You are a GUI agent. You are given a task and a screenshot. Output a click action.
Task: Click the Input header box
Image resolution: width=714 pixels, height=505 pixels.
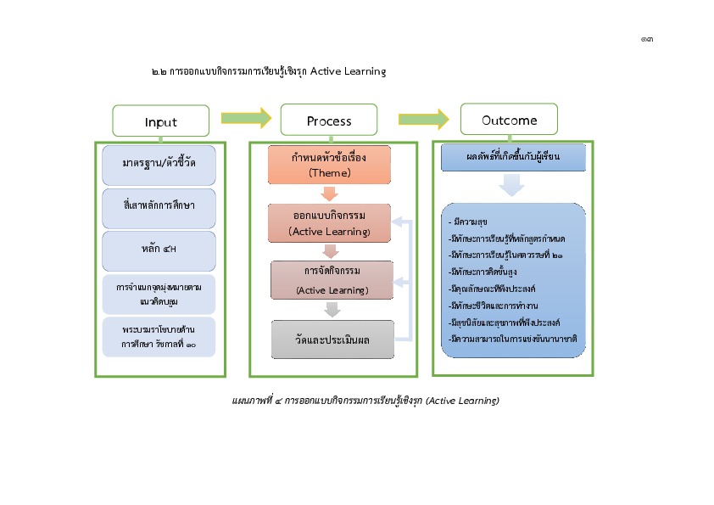click(x=160, y=121)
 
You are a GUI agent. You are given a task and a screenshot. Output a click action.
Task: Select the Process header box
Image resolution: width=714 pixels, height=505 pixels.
click(x=328, y=121)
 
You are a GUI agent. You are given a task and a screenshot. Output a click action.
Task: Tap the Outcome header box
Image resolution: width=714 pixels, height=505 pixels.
click(x=509, y=120)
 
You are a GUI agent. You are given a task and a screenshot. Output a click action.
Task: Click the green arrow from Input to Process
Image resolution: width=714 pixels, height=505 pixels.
click(x=245, y=118)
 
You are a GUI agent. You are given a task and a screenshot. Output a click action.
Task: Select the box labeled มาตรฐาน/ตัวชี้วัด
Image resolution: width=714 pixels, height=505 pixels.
click(x=159, y=166)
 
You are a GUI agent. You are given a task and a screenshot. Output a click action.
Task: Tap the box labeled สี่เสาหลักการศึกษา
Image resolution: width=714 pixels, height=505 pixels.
click(x=159, y=208)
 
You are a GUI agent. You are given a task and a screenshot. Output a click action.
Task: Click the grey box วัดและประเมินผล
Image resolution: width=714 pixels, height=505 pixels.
click(x=333, y=339)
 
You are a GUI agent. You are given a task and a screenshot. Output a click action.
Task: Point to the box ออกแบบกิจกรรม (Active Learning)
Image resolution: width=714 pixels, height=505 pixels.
click(x=328, y=223)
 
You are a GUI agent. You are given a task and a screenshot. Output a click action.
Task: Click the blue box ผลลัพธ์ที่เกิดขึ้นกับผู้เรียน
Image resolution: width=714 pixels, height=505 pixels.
click(x=513, y=158)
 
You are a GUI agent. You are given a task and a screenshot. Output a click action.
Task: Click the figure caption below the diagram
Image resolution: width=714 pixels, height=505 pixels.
click(x=365, y=400)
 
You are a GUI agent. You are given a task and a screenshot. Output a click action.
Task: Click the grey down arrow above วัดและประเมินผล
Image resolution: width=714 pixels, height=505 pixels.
click(x=332, y=310)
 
